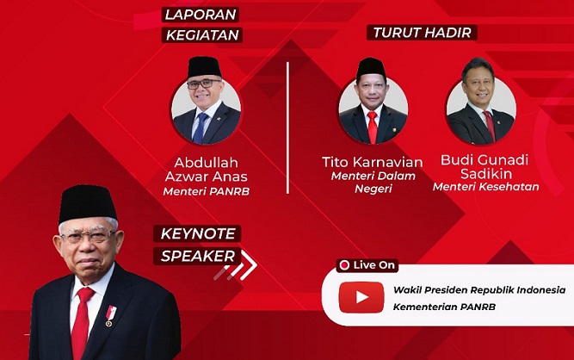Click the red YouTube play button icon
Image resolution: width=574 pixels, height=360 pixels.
tap(361, 297)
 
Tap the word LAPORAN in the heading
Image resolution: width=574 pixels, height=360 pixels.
tap(201, 15)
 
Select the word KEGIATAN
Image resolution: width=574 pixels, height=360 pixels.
tap(202, 35)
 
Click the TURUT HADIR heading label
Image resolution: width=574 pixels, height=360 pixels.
tap(422, 33)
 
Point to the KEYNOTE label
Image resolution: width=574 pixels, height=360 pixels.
tap(198, 233)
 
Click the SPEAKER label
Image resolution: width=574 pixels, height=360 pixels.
tap(198, 256)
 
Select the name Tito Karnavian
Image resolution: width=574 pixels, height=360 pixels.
tap(373, 162)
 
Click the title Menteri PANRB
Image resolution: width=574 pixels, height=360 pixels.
tap(206, 191)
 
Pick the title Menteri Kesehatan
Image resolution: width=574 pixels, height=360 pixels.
tap(485, 187)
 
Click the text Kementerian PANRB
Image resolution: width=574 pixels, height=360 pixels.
tap(444, 307)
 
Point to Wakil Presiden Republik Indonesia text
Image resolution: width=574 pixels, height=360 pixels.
tap(479, 290)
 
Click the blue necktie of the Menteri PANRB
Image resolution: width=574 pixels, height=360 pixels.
tap(200, 127)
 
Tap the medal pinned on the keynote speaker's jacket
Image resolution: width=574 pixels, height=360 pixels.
tap(110, 316)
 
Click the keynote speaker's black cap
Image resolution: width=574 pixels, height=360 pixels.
tap(87, 203)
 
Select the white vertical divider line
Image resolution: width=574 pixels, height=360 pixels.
tap(287, 127)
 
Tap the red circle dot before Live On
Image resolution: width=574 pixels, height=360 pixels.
tap(344, 265)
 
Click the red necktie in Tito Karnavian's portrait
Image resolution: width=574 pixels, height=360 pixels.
tap(373, 127)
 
